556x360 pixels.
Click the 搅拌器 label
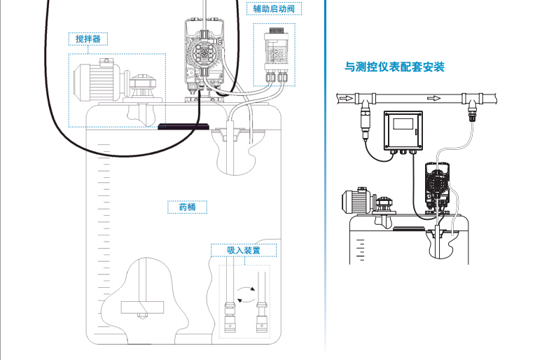point(88,39)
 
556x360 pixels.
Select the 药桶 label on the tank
point(187,207)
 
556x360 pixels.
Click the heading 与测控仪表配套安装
point(394,68)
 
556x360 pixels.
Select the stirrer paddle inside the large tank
point(142,306)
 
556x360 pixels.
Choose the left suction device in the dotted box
point(230,314)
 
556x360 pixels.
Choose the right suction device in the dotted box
point(262,314)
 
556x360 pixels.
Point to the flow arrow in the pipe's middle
point(433,97)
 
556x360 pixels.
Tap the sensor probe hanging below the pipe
point(365,120)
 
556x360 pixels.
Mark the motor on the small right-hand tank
point(356,201)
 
